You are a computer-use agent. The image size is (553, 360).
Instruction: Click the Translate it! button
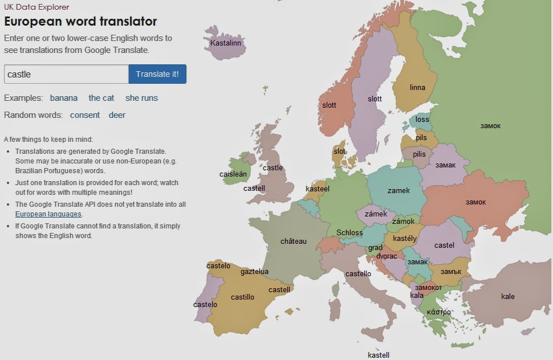pos(157,74)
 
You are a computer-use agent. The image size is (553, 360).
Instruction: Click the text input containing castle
pos(66,74)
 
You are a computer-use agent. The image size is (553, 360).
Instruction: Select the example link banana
pos(64,98)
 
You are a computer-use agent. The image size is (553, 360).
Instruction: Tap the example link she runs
pos(141,98)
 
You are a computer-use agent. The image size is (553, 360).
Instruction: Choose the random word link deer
pos(117,115)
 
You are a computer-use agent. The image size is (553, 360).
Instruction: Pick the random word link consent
pos(85,115)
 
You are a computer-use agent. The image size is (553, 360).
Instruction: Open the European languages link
pos(48,214)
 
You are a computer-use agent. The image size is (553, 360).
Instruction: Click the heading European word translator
pos(80,22)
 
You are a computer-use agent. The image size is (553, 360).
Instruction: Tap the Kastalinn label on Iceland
pos(226,43)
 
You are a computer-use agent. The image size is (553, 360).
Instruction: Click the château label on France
pos(294,241)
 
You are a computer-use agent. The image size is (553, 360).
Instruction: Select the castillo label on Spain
pos(242,297)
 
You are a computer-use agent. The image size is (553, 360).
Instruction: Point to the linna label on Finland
pos(417,88)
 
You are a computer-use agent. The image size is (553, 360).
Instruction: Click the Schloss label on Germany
pos(349,232)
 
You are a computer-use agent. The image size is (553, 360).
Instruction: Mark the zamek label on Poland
pos(399,190)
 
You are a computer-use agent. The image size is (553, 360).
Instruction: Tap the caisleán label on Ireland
pos(233,174)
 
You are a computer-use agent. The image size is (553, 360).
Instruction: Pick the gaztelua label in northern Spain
pos(254,272)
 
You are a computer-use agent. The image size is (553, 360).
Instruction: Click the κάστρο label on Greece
pos(439,312)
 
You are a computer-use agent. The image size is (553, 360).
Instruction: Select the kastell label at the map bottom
pos(379,355)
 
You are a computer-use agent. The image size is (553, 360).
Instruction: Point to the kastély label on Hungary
pos(405,238)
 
